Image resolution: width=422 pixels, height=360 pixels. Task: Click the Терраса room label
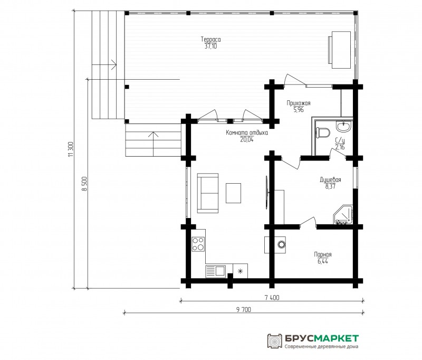[210, 39]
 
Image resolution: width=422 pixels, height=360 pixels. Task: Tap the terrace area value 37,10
[210, 46]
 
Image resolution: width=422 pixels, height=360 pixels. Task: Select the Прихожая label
[299, 103]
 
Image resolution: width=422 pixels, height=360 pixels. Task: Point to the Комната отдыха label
[247, 132]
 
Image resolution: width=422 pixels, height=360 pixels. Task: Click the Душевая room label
[331, 179]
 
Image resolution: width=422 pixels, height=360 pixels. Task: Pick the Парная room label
[323, 254]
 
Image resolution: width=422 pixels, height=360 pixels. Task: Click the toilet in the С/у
[323, 132]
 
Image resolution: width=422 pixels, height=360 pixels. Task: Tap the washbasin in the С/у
[344, 127]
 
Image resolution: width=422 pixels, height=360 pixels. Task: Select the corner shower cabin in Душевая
[343, 215]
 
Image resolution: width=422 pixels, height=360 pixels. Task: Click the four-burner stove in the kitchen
[198, 244]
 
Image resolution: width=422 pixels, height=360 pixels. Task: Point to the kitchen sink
[216, 271]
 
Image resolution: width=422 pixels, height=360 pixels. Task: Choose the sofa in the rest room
[207, 193]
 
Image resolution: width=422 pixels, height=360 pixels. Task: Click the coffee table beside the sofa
[233, 193]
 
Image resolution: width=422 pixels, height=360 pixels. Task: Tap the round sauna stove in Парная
[282, 244]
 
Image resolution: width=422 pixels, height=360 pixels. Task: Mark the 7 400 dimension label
[272, 298]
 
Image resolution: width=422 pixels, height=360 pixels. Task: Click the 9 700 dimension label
[244, 310]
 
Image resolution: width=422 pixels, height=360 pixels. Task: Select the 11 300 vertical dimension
[71, 149]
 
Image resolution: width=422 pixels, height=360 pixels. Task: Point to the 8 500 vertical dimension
[85, 184]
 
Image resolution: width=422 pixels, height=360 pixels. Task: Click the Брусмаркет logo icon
[274, 341]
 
